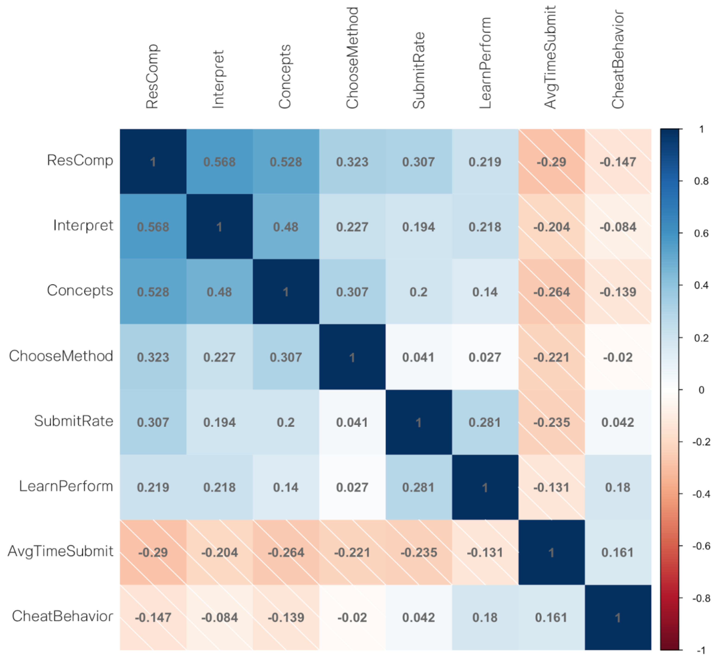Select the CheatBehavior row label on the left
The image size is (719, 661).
pyautogui.click(x=63, y=616)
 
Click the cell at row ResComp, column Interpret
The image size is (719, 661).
pyautogui.click(x=219, y=162)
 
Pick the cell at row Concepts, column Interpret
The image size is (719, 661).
pyautogui.click(x=219, y=292)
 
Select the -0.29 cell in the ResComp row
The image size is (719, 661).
pyautogui.click(x=551, y=162)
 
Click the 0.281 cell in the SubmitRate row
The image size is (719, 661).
pyautogui.click(x=485, y=422)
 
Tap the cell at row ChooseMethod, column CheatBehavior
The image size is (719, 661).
pyautogui.click(x=618, y=357)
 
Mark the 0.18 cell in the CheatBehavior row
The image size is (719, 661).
pyautogui.click(x=485, y=617)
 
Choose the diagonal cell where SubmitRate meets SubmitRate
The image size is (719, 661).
pyautogui.click(x=418, y=422)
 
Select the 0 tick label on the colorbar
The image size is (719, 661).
pyautogui.click(x=701, y=390)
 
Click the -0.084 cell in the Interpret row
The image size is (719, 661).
pyautogui.click(x=618, y=227)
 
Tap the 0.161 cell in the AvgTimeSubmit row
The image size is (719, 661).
pyautogui.click(x=618, y=552)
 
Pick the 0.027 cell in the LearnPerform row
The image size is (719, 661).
pyautogui.click(x=352, y=487)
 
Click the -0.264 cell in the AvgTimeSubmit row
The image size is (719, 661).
pyautogui.click(x=286, y=552)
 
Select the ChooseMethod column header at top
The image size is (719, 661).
pyautogui.click(x=352, y=57)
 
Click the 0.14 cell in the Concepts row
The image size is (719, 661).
pyautogui.click(x=485, y=292)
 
